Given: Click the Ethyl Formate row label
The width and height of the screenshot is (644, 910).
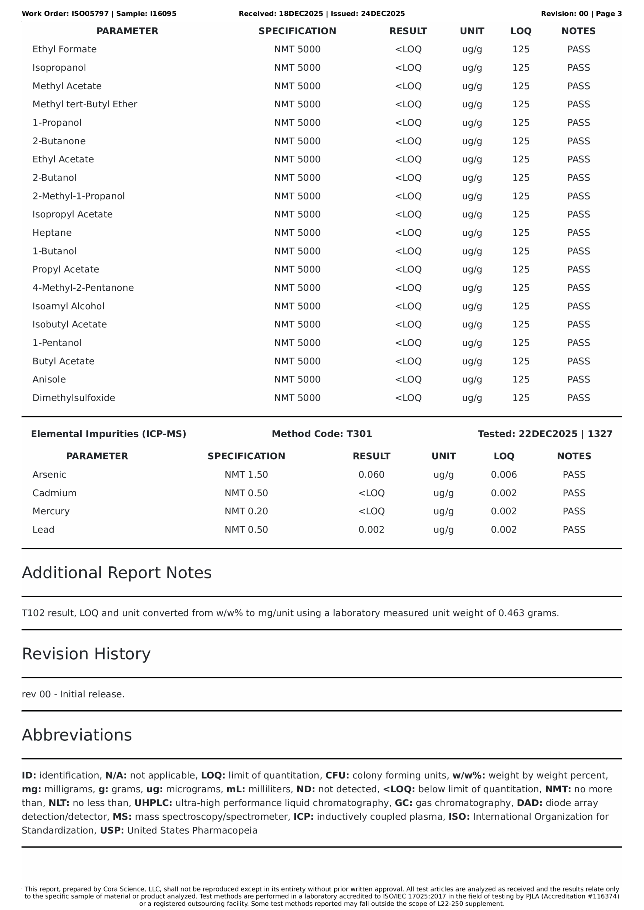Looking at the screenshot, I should (64, 49).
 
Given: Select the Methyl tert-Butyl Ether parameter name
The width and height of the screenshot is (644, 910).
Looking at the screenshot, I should (85, 104).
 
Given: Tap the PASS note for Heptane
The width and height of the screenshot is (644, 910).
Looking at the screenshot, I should (578, 232).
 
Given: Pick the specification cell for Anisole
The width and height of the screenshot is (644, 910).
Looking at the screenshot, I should (297, 379).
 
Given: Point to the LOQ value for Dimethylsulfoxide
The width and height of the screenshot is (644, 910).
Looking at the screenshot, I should (521, 397).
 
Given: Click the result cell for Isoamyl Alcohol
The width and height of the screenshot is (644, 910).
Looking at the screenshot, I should (408, 306).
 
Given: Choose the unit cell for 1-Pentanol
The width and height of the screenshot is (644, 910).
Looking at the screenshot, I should (472, 343).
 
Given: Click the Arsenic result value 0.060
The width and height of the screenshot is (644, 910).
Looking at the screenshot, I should (371, 475).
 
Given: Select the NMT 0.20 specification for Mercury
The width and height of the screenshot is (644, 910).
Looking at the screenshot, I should (246, 511).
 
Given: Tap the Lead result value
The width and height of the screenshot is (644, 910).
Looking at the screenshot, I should (371, 530).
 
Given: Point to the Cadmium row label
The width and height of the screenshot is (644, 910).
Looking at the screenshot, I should (54, 493).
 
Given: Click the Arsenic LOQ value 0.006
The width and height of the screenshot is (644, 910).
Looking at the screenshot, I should (504, 475).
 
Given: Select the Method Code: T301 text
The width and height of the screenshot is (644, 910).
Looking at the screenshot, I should (321, 434).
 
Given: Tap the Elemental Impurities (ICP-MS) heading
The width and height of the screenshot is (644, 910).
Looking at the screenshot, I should (108, 434).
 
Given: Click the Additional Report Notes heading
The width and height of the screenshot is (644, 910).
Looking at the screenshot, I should (117, 573).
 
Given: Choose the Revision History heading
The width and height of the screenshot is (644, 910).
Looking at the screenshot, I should (86, 654).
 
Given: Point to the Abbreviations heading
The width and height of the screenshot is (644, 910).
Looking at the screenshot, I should (76, 735).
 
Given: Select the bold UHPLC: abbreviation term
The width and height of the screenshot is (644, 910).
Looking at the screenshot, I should (153, 803).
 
